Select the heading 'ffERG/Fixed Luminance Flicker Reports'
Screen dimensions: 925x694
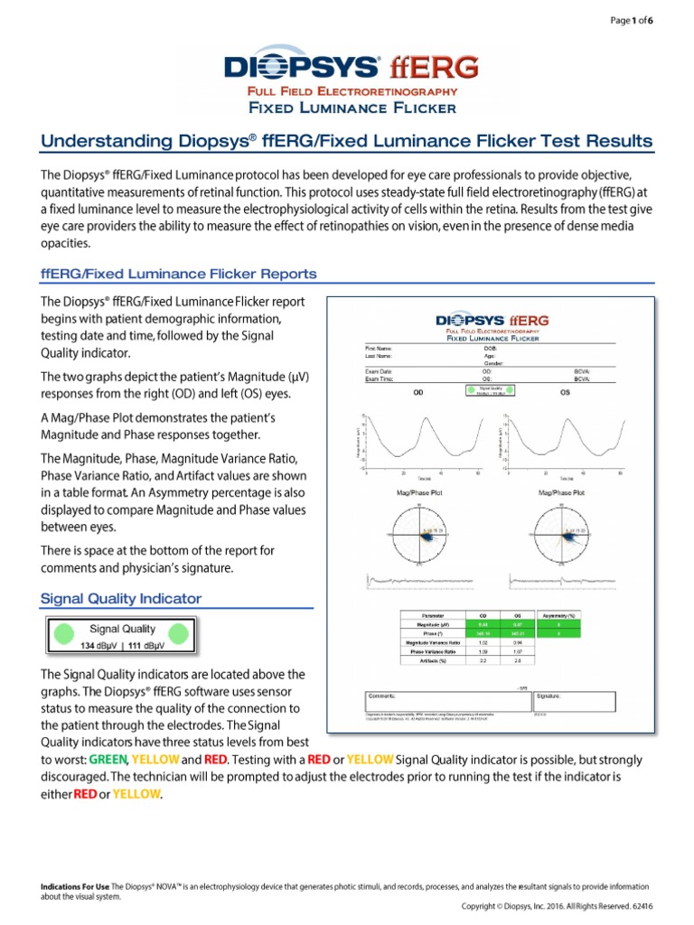pyautogui.click(x=178, y=273)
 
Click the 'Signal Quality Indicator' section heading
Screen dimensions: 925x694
pyautogui.click(x=121, y=598)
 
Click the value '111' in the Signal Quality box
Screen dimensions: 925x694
pyautogui.click(x=136, y=646)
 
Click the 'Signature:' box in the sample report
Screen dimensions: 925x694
pyautogui.click(x=576, y=701)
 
